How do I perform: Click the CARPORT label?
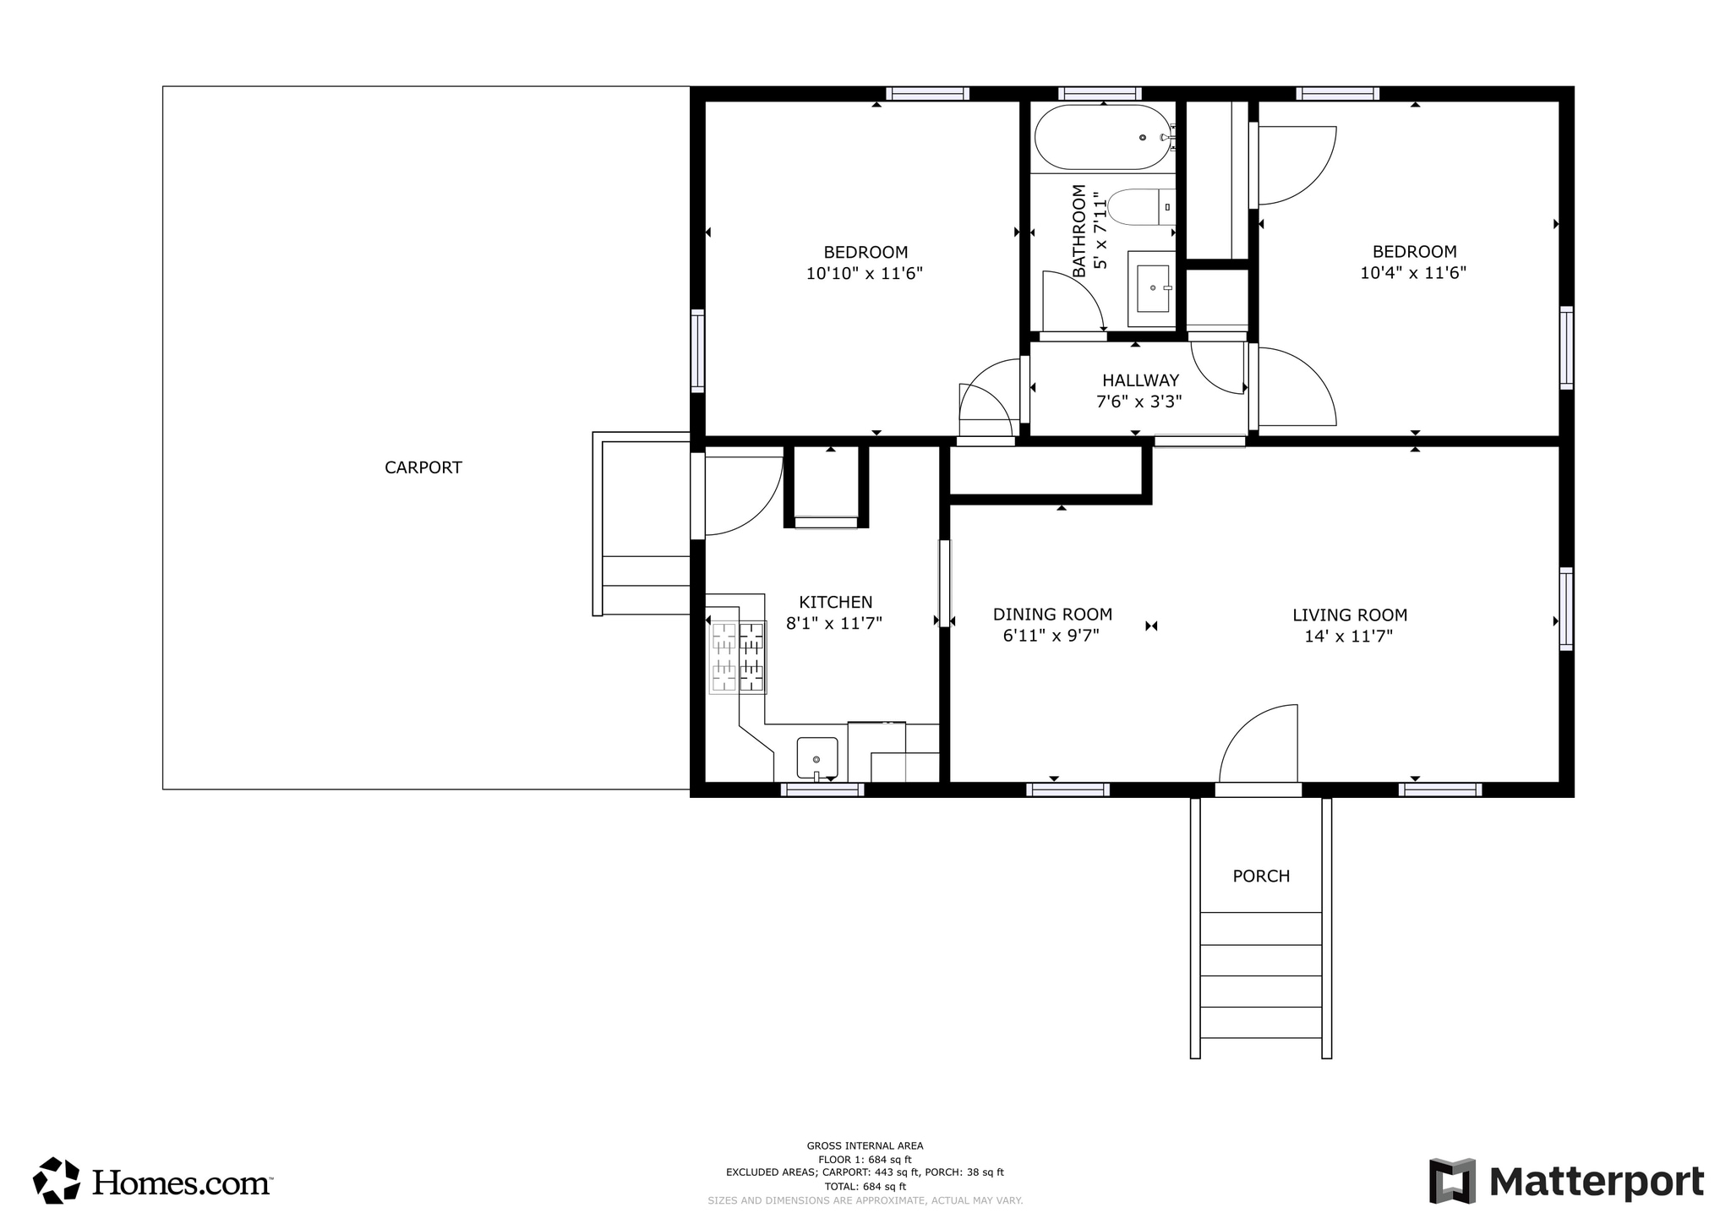423,467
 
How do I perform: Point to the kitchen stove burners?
737,657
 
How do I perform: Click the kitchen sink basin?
816,757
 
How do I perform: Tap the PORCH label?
1261,877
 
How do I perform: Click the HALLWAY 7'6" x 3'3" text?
1139,391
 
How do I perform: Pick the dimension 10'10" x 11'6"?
864,274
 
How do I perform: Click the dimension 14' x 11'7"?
1348,637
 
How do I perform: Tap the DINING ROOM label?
1052,615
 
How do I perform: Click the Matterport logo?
1566,1181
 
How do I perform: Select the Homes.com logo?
152,1181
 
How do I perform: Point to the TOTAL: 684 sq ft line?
865,1186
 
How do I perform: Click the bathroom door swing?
1072,303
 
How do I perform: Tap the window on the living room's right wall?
1566,609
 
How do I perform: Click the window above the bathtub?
1100,94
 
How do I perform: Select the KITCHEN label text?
835,602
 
